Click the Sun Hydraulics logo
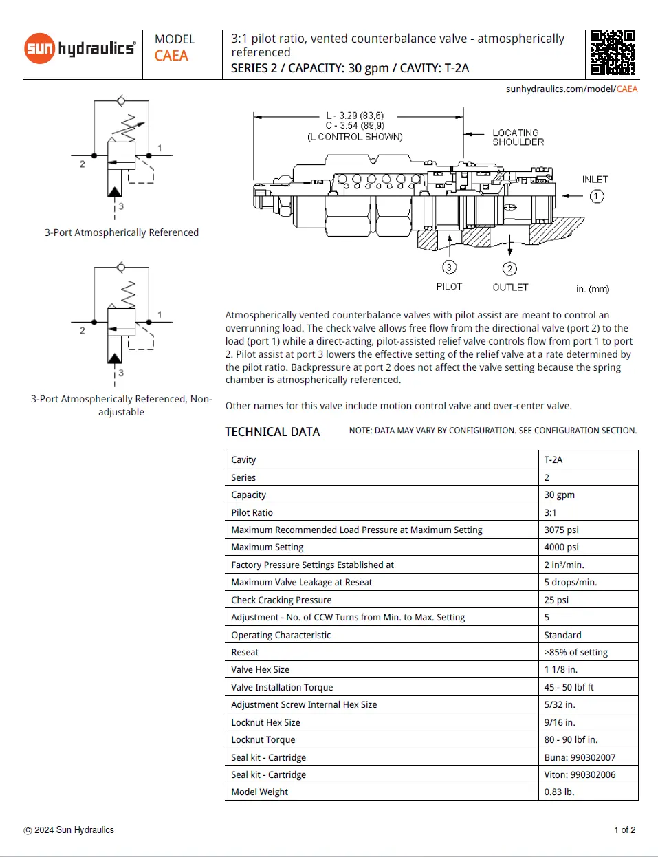tap(80, 48)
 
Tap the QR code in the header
tap(613, 52)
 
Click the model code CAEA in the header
tap(171, 56)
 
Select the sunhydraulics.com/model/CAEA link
tap(571, 89)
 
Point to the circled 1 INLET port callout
tap(596, 197)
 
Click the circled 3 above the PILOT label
tap(449, 268)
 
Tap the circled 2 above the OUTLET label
tap(509, 269)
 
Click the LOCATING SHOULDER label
tap(518, 138)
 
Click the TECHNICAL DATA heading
tap(272, 432)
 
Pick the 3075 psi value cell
tap(561, 530)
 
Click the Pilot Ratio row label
tap(252, 512)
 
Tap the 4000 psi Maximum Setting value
tap(561, 547)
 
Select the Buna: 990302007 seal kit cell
tap(580, 757)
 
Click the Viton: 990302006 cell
tap(580, 774)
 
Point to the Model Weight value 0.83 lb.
tap(559, 792)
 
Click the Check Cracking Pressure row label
tap(281, 600)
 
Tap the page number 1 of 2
tap(624, 830)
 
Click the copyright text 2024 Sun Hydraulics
tap(69, 830)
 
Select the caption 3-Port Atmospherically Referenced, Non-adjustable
tap(121, 405)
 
